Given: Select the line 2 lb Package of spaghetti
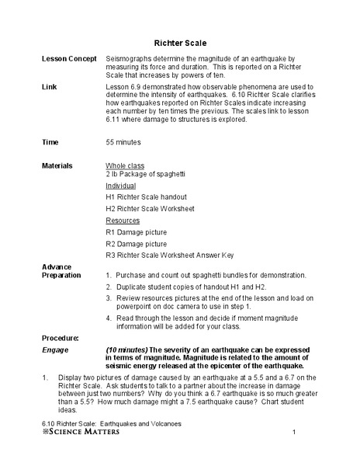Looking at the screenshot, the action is pyautogui.click(x=147, y=175).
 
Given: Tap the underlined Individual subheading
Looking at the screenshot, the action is pyautogui.click(x=121, y=186).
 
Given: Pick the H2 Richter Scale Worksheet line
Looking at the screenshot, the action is pyautogui.click(x=151, y=209).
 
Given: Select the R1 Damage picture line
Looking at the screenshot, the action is pyautogui.click(x=135, y=231).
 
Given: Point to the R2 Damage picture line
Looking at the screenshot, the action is pyautogui.click(x=135, y=243).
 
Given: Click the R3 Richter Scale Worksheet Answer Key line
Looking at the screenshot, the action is pyautogui.click(x=170, y=255).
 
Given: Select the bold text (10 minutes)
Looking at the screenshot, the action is pyautogui.click(x=126, y=329).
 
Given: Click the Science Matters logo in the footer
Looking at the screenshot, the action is pyautogui.click(x=75, y=432).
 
